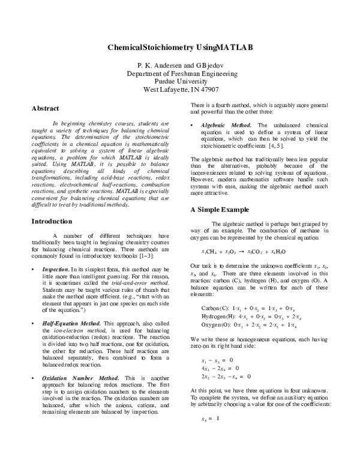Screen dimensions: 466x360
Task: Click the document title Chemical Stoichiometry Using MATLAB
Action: (x=179, y=47)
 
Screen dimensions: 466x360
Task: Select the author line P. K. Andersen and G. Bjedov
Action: (x=179, y=64)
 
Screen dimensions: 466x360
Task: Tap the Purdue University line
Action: (x=179, y=82)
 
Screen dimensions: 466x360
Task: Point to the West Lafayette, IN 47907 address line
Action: (x=179, y=91)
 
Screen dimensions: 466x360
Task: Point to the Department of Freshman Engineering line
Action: (x=179, y=73)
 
